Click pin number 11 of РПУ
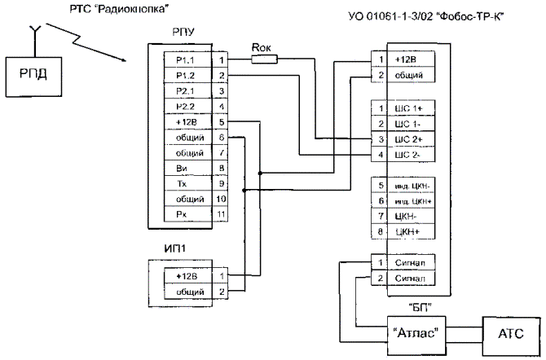click(221, 214)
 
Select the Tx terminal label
click(183, 184)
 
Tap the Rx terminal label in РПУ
click(183, 214)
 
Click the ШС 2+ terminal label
click(406, 139)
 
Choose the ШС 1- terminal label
click(406, 124)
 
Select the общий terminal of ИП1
click(187, 291)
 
